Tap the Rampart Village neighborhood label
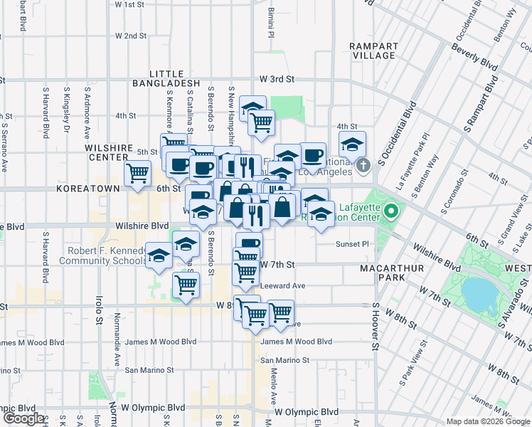point(373,51)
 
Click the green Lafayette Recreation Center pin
point(390,211)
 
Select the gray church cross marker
point(363,167)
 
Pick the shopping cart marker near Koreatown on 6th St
point(137,173)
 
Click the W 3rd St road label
point(277,79)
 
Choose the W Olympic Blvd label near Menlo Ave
point(307,412)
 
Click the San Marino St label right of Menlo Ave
point(284,360)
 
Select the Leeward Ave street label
point(283,285)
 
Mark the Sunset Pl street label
point(352,244)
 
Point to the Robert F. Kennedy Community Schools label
point(106,255)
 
